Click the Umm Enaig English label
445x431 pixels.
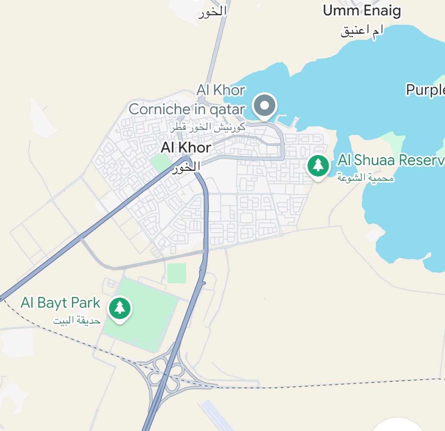362,11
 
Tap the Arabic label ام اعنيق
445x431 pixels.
362,31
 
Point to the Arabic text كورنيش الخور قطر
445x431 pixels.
208,127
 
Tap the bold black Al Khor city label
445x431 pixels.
186,147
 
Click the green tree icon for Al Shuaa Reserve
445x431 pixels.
318,166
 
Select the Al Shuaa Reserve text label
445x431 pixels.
391,160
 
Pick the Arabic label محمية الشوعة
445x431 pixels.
365,178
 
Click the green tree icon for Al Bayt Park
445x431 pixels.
120,308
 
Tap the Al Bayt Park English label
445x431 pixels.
60,303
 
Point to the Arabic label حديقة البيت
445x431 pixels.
77,320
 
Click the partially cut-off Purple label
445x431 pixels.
425,90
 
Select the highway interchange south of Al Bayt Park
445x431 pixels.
163,373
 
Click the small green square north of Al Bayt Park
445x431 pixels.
177,273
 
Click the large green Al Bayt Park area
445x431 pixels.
143,323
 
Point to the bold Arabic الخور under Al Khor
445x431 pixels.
186,168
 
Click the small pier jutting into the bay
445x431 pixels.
295,122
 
